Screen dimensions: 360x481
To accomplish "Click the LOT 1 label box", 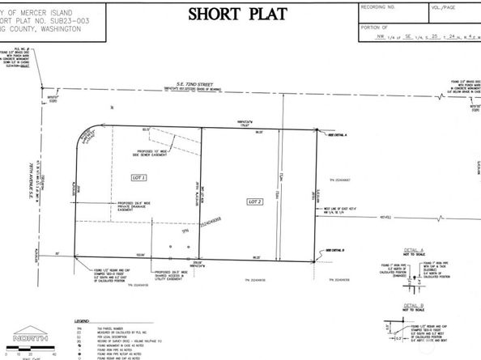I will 137,177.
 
